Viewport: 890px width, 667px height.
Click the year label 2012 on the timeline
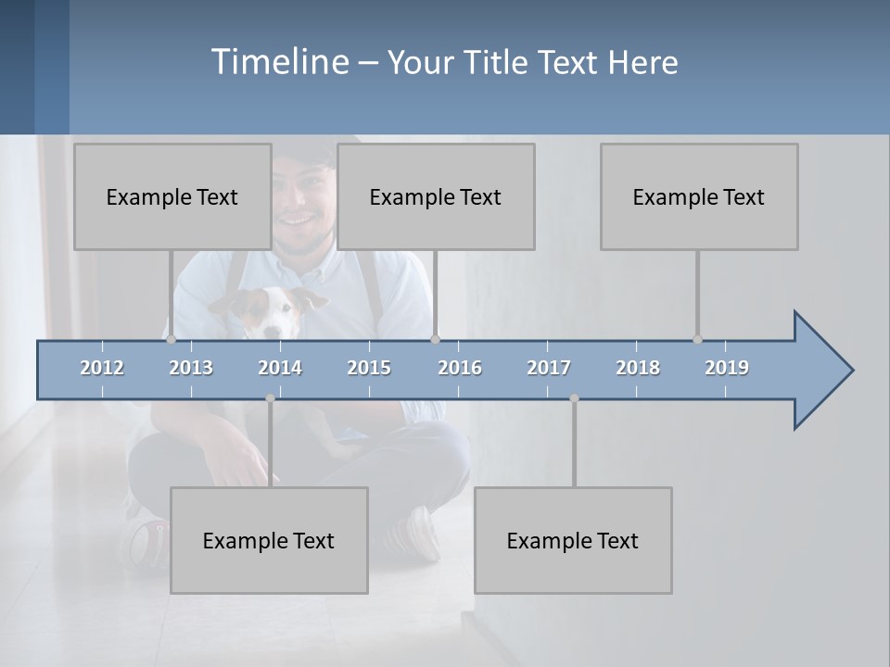[102, 368]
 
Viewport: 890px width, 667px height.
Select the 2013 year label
[191, 368]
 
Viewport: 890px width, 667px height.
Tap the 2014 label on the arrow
[280, 368]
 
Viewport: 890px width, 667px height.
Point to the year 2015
[369, 368]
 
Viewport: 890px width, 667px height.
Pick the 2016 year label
[460, 368]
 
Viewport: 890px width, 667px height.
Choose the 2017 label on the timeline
[549, 368]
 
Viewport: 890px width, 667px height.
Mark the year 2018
[638, 368]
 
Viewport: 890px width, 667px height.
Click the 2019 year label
[727, 368]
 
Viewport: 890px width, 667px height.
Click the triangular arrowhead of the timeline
[821, 371]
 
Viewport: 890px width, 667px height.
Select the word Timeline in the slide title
[278, 62]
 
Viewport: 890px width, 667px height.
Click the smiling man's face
[301, 199]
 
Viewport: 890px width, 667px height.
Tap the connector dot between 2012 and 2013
[171, 340]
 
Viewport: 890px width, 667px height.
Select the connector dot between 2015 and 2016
[436, 340]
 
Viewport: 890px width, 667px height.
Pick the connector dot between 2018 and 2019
[697, 340]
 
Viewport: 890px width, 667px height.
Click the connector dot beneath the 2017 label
[574, 398]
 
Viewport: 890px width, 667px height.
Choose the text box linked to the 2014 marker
[269, 540]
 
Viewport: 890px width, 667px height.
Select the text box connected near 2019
[699, 196]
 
